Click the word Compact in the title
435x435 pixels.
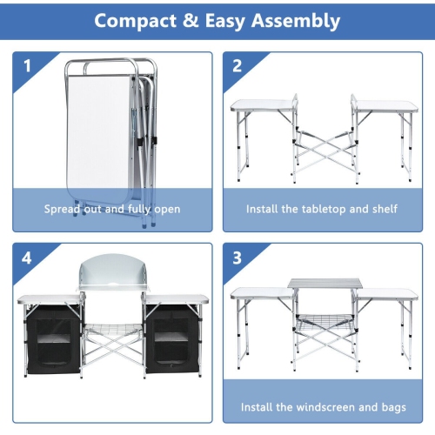tap(140, 20)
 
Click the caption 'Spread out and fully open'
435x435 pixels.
tap(113, 209)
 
